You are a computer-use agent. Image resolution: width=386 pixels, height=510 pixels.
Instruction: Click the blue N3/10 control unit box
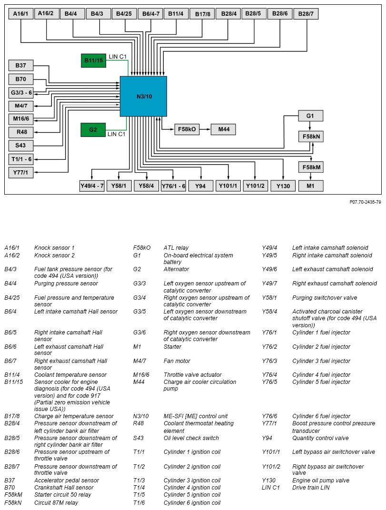click(143, 96)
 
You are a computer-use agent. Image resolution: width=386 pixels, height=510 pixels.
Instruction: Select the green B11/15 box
click(93, 60)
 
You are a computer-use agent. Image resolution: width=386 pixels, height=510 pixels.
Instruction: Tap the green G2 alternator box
click(93, 129)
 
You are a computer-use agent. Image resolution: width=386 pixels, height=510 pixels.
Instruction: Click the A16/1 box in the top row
click(20, 13)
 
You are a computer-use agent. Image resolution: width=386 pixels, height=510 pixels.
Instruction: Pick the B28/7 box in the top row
click(306, 14)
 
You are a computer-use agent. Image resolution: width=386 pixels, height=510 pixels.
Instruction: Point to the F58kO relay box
click(187, 129)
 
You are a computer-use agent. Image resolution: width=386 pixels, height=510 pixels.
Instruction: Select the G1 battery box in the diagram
click(310, 116)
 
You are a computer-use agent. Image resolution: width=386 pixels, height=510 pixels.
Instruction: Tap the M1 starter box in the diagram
click(310, 186)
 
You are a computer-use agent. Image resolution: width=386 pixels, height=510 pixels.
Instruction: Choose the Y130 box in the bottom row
click(283, 186)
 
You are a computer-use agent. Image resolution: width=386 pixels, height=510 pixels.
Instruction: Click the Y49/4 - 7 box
click(92, 186)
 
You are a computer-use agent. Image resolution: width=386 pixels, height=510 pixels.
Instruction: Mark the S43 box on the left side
click(21, 145)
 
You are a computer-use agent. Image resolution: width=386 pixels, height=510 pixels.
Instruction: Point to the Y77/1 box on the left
click(21, 172)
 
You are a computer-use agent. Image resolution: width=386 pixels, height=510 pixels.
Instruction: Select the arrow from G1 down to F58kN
click(310, 126)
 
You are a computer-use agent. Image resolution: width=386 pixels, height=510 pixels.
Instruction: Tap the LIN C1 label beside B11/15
click(118, 57)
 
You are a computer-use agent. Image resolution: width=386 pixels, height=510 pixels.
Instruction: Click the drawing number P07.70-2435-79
click(365, 202)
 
